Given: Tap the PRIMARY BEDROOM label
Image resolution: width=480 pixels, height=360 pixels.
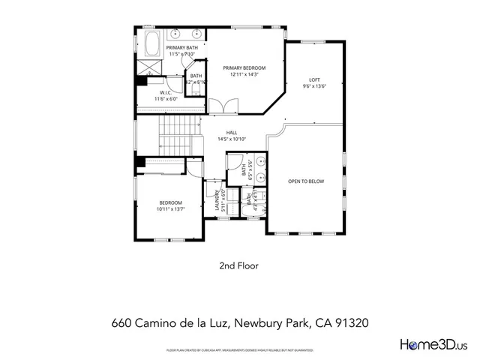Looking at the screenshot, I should coord(244,67).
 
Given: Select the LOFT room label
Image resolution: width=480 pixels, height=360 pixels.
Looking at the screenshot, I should coord(315,79).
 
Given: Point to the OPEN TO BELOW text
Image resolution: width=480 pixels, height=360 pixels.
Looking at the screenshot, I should coord(306,181).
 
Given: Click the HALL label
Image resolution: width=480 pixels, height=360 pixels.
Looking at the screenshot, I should coord(232,132).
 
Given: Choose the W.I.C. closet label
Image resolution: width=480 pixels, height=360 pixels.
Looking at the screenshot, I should coord(166,93).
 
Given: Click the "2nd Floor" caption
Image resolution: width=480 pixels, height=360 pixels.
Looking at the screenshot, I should coord(239,265).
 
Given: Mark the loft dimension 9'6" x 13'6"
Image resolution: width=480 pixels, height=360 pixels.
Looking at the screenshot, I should coord(315,86).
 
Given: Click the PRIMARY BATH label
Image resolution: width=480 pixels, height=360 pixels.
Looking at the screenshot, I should coord(181,48).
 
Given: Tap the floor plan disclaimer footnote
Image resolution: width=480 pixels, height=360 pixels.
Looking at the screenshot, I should coord(239,350).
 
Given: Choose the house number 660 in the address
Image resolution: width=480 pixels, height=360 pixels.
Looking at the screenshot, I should coord(121,323).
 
